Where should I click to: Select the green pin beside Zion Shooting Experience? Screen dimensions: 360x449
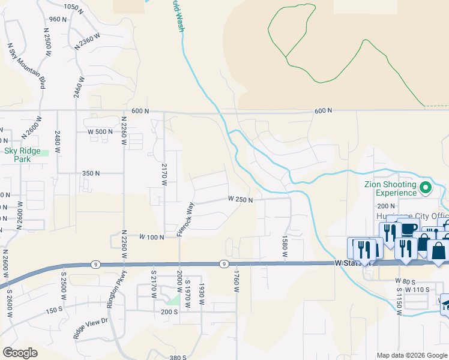point(426,188)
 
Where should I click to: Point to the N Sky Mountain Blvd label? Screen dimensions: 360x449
point(26,65)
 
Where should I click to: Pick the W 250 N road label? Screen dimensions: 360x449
point(240,199)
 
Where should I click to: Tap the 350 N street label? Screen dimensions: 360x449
point(91,173)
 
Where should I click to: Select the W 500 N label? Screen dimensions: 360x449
point(100,131)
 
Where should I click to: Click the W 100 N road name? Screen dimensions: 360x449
point(152,238)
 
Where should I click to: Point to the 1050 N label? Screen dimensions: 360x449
point(71,7)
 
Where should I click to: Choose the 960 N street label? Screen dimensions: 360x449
point(58,19)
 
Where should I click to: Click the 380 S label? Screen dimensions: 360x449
point(178,358)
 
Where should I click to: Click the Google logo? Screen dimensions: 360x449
point(20,353)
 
